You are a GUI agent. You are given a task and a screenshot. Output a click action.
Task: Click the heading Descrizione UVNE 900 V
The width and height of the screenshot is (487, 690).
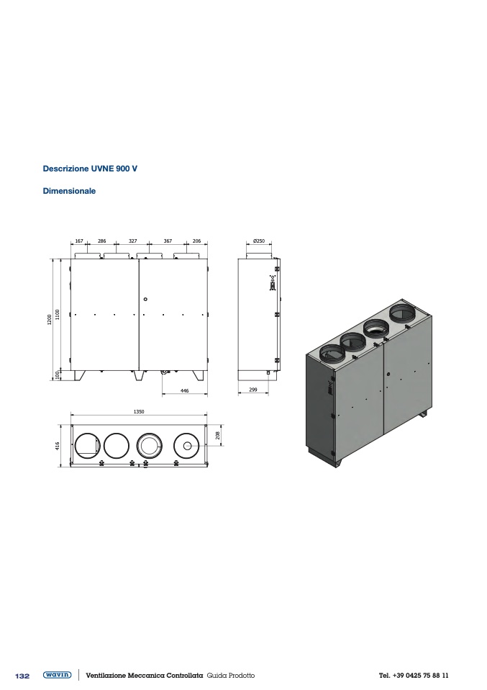(90, 169)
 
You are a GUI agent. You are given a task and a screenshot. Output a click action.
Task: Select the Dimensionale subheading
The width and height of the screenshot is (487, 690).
(69, 191)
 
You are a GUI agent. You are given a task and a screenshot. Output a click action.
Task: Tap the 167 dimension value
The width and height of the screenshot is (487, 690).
(79, 241)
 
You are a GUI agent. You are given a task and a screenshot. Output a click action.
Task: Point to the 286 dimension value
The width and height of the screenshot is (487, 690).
(101, 241)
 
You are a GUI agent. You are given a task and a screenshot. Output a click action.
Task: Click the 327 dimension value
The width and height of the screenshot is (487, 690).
(133, 241)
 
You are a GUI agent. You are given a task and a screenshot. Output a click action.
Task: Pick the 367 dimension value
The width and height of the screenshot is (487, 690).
(168, 241)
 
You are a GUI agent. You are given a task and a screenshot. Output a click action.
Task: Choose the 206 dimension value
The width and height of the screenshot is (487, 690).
(196, 241)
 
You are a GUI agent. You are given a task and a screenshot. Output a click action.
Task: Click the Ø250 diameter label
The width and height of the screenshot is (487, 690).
(259, 241)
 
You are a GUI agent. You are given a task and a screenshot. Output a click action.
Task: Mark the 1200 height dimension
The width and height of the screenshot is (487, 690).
(50, 320)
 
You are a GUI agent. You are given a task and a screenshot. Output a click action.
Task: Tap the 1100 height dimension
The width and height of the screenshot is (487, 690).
(58, 315)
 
